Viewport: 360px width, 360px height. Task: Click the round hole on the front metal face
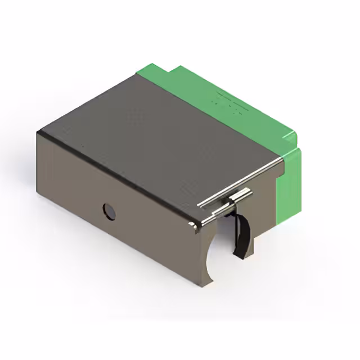tap(109, 211)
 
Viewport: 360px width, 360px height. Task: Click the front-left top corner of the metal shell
tap(38, 133)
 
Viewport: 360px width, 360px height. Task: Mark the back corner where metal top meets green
tap(138, 76)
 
